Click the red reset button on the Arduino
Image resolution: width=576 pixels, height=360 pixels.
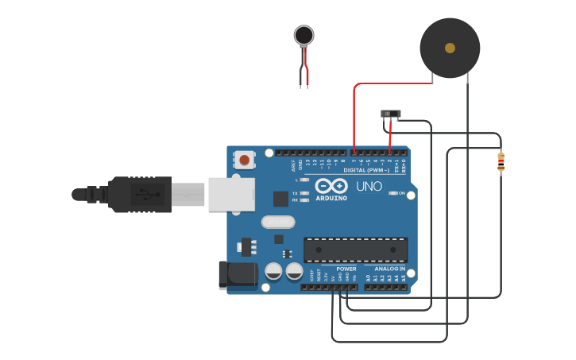point(244,160)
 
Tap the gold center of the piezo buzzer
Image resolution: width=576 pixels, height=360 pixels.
point(450,48)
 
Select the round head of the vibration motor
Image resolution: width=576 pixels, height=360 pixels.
point(303,35)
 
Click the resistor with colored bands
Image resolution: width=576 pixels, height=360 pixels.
point(501,161)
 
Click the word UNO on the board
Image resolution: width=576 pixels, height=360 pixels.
point(369,186)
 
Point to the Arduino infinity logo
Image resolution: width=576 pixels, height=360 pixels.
point(331,186)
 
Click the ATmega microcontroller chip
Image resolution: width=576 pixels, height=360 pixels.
point(355,250)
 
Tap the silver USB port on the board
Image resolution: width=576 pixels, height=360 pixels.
point(231,194)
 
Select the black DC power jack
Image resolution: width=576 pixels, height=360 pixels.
point(237,275)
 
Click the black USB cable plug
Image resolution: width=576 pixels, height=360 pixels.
point(139,194)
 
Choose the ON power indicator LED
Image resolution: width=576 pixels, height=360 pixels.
point(393,193)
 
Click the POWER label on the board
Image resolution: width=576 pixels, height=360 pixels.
point(346,269)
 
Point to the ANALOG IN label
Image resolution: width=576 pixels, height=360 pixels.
point(390,269)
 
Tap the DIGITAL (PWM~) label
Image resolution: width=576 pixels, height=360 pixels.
point(366,170)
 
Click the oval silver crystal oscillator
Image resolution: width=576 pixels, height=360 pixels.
point(277,223)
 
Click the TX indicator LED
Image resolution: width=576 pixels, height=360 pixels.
point(304,193)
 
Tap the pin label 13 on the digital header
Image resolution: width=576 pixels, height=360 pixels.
point(307,162)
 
